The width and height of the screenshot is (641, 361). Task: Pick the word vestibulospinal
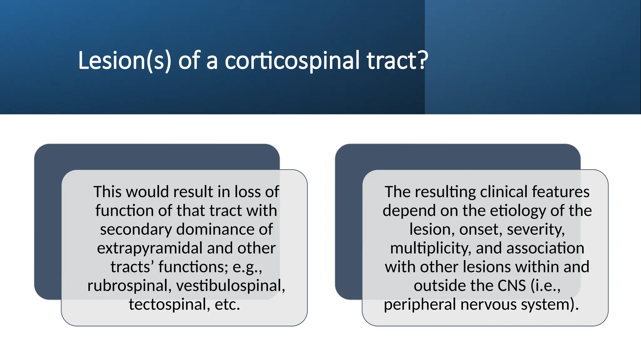point(230,286)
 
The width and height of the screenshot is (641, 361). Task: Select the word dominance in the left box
point(215,229)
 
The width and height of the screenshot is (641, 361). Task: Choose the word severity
point(536,229)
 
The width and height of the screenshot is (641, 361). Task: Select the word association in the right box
point(545,248)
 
